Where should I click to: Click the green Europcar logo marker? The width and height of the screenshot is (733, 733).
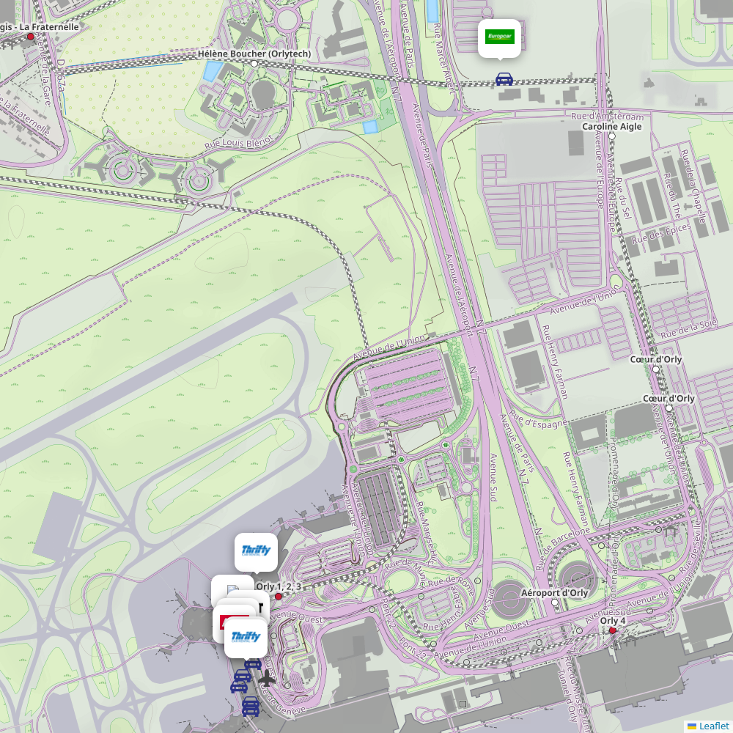(499, 37)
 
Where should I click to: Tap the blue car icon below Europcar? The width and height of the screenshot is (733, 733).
(504, 79)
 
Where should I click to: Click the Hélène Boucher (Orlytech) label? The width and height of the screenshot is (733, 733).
(254, 54)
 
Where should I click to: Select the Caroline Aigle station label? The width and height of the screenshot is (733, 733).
(612, 127)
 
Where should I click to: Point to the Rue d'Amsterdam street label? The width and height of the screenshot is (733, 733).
(608, 117)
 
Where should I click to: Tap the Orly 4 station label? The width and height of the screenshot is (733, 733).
(614, 621)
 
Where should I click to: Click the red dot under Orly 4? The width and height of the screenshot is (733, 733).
(613, 630)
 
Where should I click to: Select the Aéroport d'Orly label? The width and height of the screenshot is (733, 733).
(554, 593)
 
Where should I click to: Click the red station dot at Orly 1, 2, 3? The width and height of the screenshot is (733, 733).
(278, 597)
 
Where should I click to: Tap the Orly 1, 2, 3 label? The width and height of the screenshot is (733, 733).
(279, 586)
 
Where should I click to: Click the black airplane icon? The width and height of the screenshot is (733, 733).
(267, 679)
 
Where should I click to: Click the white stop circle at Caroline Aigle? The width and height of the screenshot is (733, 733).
(612, 136)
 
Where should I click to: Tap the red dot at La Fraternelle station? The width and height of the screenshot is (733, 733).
(30, 37)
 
